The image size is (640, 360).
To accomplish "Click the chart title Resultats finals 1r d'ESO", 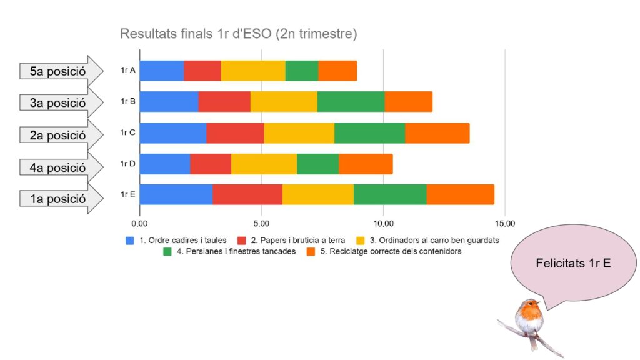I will tap(238, 34).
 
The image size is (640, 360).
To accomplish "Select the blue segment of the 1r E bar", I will tap(176, 194).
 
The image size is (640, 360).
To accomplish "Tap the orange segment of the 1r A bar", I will tap(337, 71).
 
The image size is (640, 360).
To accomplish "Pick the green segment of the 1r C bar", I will tap(369, 132).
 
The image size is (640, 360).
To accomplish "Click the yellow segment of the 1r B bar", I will tap(284, 101).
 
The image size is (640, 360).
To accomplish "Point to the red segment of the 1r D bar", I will tap(211, 164).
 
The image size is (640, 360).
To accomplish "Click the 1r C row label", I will tap(128, 132).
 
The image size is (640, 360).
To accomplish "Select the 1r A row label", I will tap(128, 71).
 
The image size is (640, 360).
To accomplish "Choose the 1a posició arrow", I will tap(61, 199).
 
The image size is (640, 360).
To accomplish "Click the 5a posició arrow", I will tap(61, 71).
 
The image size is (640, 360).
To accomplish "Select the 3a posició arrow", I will tap(61, 102).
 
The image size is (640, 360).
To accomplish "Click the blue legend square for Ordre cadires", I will tap(130, 240).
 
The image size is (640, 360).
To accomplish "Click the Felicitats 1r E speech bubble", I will tap(573, 263).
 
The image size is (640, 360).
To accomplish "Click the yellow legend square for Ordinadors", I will tap(361, 240).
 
